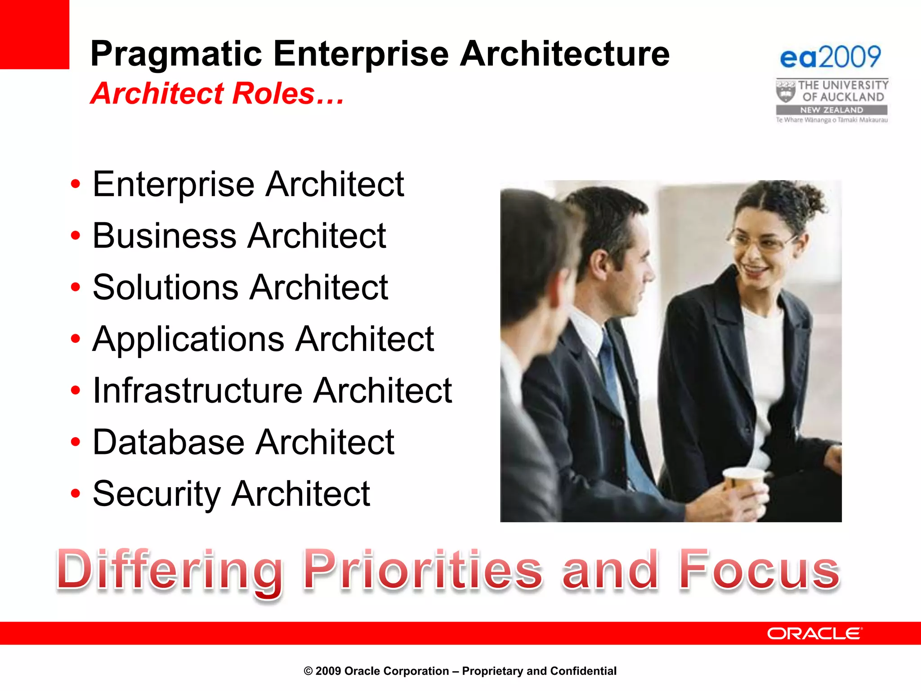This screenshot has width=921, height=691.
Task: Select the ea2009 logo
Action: [830, 57]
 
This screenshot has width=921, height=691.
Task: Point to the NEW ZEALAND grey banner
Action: [831, 110]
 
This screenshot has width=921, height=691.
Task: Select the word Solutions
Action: [165, 287]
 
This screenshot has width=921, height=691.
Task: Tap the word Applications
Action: [188, 339]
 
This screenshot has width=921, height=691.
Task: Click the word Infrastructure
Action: [197, 390]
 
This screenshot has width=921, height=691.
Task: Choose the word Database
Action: [169, 442]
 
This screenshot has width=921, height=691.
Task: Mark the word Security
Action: [156, 494]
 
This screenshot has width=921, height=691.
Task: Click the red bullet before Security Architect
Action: [75, 494]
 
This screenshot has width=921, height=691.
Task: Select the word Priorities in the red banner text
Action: [423, 570]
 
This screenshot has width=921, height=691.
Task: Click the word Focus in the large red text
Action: [759, 570]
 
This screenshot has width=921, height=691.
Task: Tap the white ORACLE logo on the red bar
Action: [814, 633]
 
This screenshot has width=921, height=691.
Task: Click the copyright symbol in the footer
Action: [308, 671]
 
